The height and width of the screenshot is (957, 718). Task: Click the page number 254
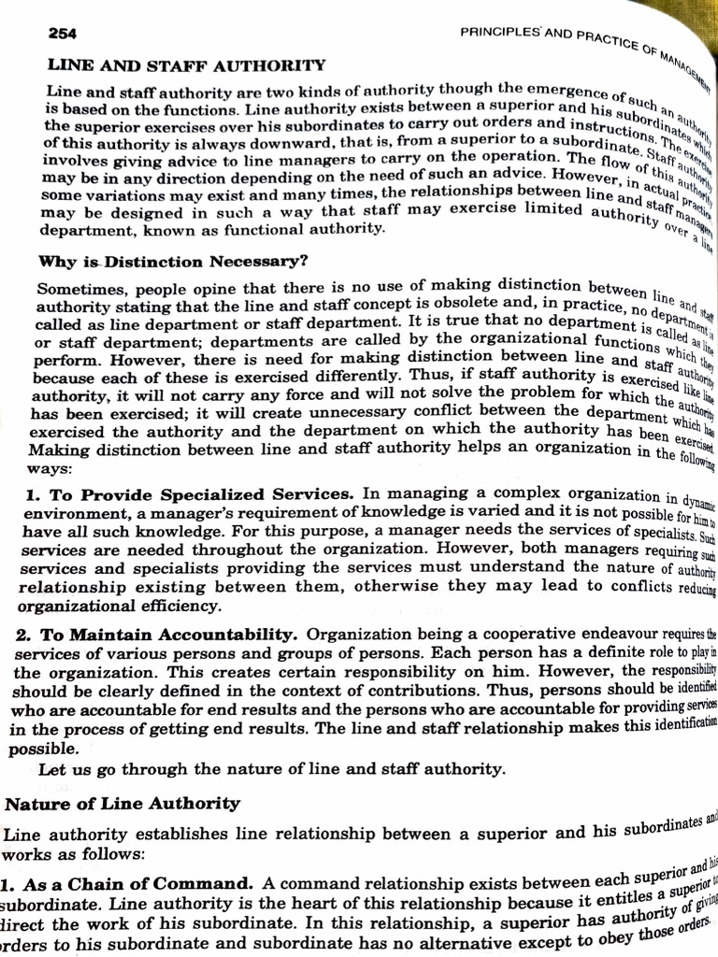click(x=64, y=33)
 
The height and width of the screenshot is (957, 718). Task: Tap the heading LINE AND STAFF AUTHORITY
click(x=186, y=65)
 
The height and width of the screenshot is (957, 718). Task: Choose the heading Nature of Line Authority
click(x=122, y=803)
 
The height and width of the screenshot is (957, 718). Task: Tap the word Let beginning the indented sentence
click(x=52, y=769)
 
